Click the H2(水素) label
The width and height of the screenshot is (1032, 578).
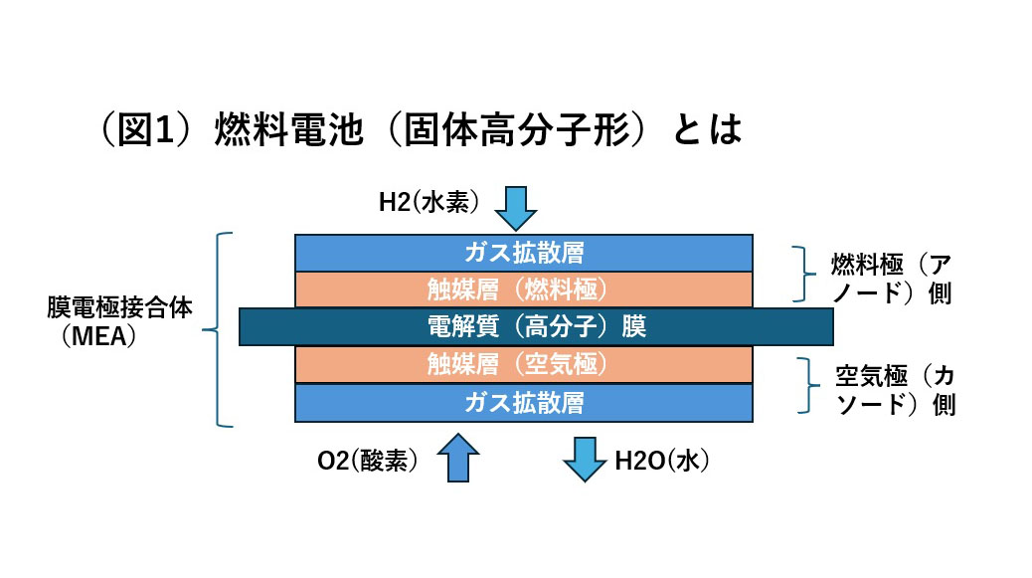point(429,202)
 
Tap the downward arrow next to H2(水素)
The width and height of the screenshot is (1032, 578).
point(516,208)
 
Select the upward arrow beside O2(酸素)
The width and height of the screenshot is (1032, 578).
point(458,459)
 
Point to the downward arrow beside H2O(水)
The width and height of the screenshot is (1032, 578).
point(585,460)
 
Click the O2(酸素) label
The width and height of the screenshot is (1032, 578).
point(367,461)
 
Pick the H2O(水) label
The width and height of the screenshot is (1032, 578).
point(661,461)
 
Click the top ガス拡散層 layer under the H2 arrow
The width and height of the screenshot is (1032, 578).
point(524,253)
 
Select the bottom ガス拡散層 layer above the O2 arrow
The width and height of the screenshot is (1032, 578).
point(524,403)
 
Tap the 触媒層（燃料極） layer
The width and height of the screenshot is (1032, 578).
point(524,289)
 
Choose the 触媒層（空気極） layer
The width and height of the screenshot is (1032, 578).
point(524,364)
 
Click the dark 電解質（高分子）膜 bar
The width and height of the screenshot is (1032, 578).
point(536,326)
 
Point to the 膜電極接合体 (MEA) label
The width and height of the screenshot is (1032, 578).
point(118,322)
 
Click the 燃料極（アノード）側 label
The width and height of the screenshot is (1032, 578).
point(892,280)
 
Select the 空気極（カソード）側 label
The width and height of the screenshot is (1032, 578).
point(895,390)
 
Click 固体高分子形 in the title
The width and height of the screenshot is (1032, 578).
point(517,129)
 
